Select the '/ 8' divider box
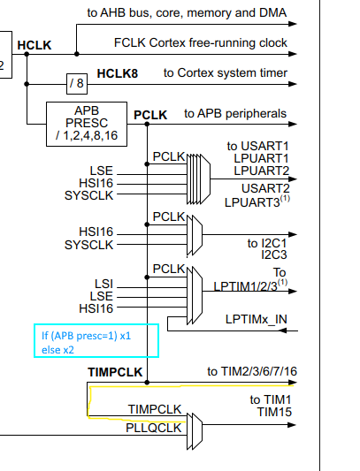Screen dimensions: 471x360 (76, 84)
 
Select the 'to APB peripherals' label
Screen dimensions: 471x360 (235, 114)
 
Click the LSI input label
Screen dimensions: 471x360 (103, 284)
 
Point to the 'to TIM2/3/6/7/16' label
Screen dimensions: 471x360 (251, 371)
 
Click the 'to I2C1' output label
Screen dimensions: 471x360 (264, 241)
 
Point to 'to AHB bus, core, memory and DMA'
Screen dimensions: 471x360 (200, 12)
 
